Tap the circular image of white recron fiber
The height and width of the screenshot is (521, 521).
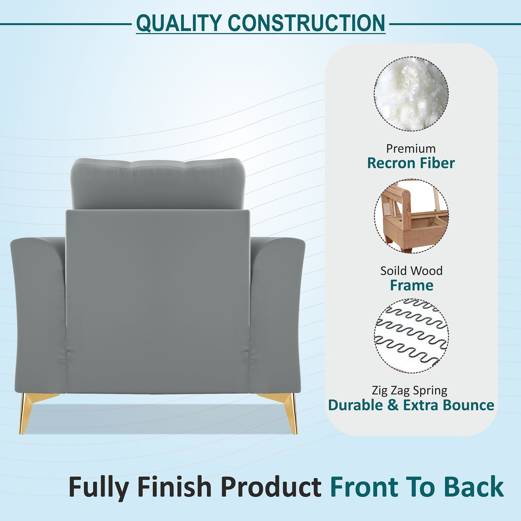click(411, 94)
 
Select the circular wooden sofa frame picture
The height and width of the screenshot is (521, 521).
click(411, 216)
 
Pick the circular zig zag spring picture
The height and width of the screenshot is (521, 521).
click(411, 336)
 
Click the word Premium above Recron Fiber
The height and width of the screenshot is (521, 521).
click(411, 149)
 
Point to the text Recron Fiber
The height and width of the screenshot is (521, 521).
click(411, 163)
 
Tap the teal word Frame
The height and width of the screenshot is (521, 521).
click(411, 285)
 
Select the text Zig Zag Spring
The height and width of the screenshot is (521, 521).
click(410, 390)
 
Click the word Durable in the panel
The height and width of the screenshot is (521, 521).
click(356, 405)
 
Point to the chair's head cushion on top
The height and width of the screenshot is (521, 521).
click(158, 183)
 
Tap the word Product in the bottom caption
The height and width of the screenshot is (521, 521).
click(271, 487)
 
